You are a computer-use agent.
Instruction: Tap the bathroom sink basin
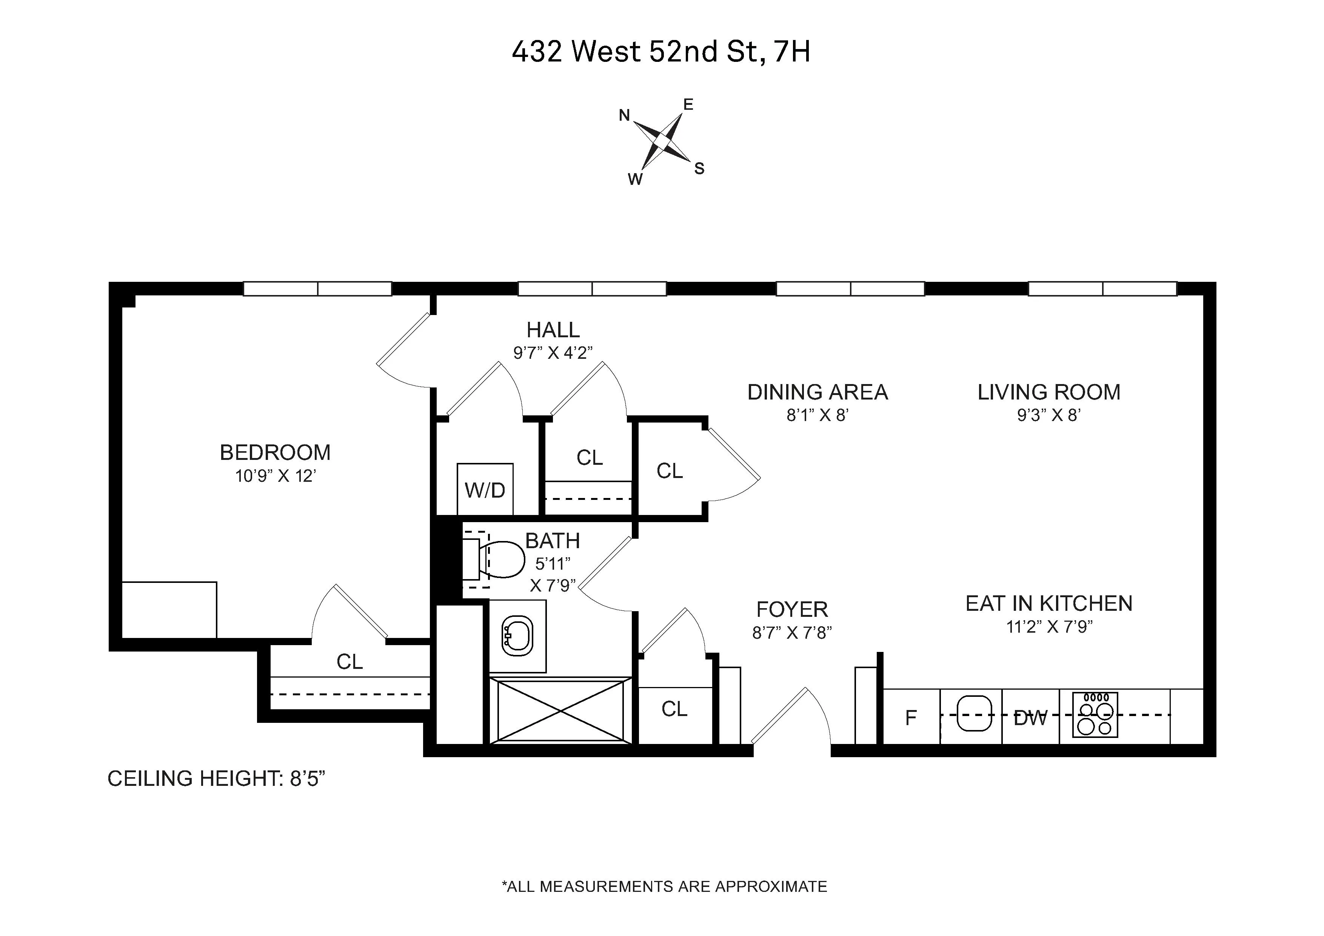click(517, 636)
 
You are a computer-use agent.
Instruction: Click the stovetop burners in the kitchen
click(1095, 715)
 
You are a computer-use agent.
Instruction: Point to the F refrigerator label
click(911, 718)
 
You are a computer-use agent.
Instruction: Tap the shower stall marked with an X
click(560, 710)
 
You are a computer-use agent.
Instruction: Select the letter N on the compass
click(624, 116)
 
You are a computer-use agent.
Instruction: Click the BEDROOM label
click(275, 452)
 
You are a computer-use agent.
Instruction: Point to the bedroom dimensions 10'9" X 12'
click(275, 476)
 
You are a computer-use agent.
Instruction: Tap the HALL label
click(553, 330)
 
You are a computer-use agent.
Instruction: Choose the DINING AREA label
click(817, 392)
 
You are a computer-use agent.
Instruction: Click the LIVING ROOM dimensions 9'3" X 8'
click(1048, 415)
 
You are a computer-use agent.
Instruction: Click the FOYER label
click(792, 609)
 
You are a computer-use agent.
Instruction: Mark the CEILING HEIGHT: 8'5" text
click(216, 779)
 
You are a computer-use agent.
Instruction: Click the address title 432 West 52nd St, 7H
click(661, 52)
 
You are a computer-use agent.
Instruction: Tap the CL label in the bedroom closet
click(349, 662)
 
